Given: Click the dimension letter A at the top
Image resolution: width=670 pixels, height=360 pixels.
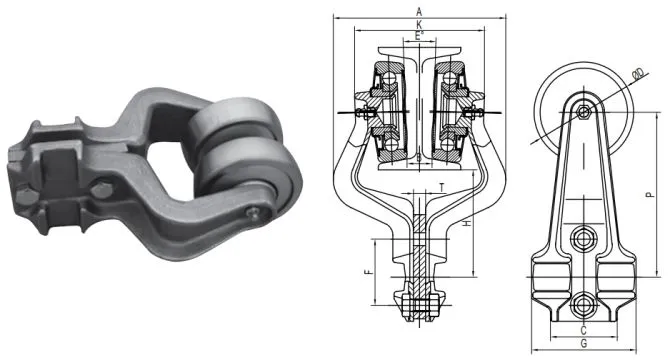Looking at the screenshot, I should coord(416,10).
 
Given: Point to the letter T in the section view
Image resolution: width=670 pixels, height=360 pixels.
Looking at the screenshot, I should coord(441,187).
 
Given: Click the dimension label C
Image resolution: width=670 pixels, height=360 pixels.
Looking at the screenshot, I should coord(583,328).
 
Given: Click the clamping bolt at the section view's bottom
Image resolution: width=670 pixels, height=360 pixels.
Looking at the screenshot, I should coord(419,300).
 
